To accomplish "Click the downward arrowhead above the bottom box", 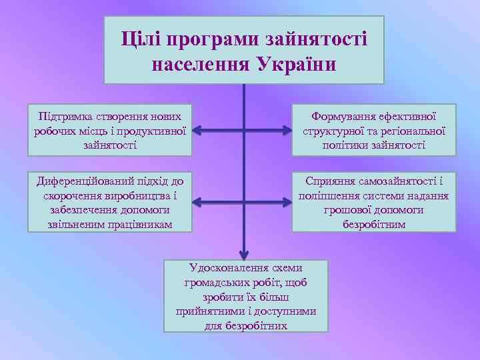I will coord(244,254).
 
